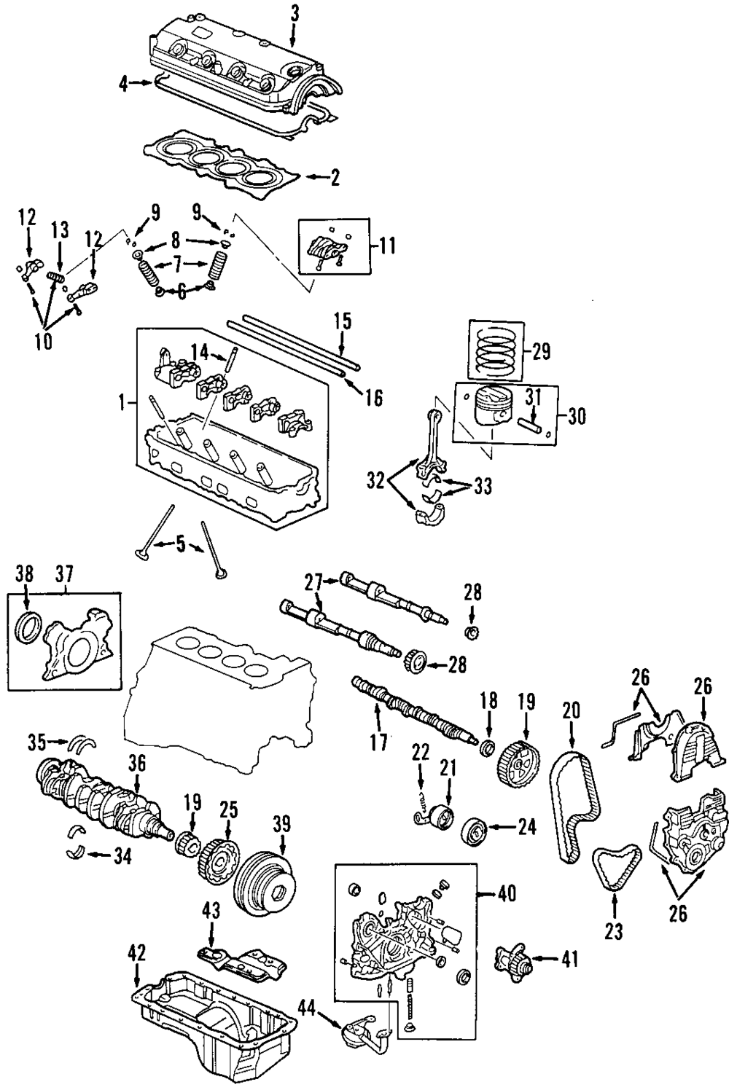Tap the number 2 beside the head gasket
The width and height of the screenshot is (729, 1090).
click(x=335, y=178)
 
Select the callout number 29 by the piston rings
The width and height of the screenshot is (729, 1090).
click(x=541, y=352)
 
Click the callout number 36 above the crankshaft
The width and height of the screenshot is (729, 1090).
click(x=137, y=764)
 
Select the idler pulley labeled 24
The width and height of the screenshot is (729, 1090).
click(x=475, y=831)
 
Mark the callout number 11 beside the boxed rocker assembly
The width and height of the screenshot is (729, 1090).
click(x=386, y=245)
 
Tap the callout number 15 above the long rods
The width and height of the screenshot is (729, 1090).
click(x=343, y=321)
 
